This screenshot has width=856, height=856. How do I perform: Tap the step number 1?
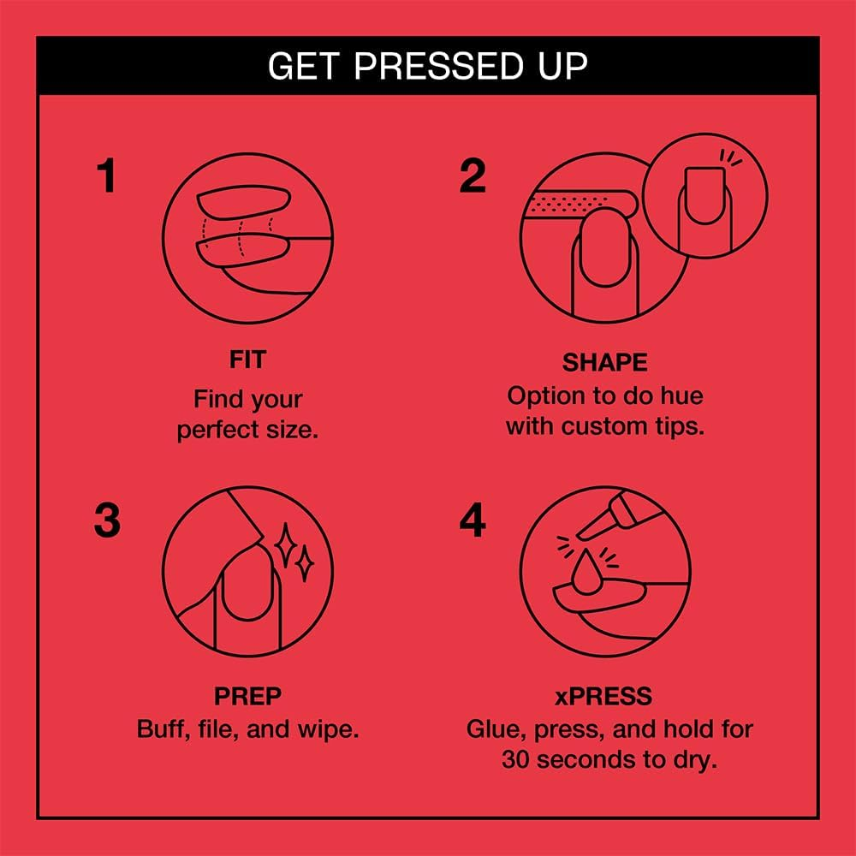pyautogui.click(x=106, y=175)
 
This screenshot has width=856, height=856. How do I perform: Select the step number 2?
pyautogui.click(x=473, y=175)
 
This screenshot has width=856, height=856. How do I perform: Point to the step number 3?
pyautogui.click(x=107, y=520)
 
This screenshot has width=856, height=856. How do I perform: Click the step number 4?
pyautogui.click(x=473, y=520)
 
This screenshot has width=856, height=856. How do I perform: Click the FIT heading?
pyautogui.click(x=248, y=360)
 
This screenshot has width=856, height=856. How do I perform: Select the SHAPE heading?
pyautogui.click(x=605, y=362)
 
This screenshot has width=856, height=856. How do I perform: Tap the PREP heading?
pyautogui.click(x=248, y=696)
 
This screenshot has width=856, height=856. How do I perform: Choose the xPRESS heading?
pyautogui.click(x=603, y=696)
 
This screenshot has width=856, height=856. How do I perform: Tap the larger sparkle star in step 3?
pyautogui.click(x=285, y=545)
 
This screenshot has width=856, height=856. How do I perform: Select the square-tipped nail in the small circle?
pyautogui.click(x=704, y=195)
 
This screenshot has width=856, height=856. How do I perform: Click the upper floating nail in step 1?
pyautogui.click(x=243, y=202)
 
